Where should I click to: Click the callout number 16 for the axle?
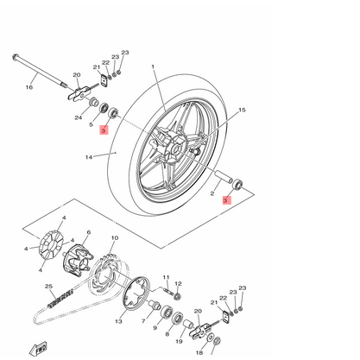28,86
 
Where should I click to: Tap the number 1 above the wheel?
152,66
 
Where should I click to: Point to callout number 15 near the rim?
242,111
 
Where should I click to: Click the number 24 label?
78,117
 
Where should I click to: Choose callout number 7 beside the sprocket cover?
144,320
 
